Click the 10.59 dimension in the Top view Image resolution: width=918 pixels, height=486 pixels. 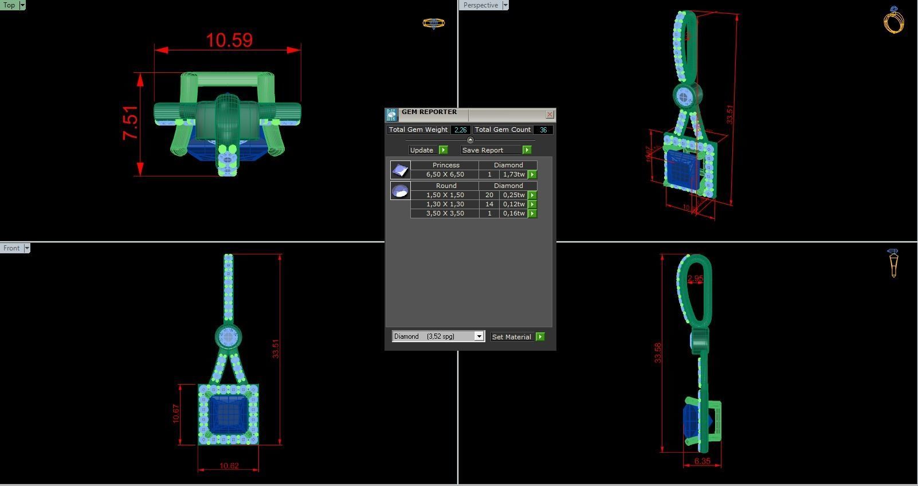coord(229,40)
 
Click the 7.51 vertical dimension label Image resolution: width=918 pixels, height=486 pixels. coord(130,123)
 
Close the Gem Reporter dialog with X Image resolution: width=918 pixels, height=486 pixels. coord(550,115)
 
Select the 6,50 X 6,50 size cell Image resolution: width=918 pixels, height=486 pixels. coord(445,174)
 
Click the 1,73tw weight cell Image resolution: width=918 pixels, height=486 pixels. coord(513,174)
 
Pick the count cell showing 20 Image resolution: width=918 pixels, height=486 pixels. coord(489,195)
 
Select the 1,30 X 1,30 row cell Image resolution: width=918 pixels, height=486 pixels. coord(445,204)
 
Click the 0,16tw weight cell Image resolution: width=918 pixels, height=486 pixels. coord(513,213)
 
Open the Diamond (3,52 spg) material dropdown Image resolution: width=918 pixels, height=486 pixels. coord(479,336)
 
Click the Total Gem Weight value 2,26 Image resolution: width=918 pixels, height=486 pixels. coord(460,130)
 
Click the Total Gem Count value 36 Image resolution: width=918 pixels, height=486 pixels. coord(543,130)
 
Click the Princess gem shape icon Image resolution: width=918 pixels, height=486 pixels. coord(400,170)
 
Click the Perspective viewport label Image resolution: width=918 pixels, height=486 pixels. coord(480,5)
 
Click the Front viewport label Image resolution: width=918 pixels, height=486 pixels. coord(11,248)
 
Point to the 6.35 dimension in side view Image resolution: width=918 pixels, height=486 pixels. coord(702,461)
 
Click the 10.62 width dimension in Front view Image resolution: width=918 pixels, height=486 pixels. coord(229,466)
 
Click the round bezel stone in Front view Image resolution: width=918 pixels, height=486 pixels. coord(228,337)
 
